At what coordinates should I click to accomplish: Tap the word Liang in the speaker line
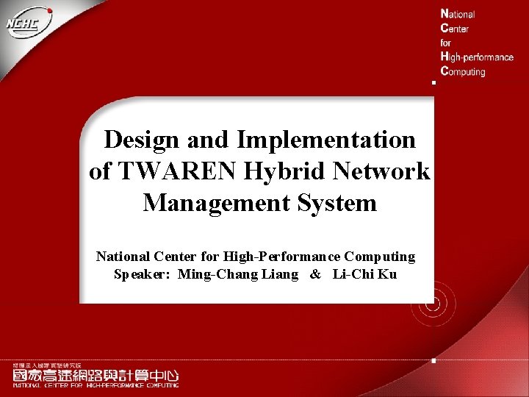pyautogui.click(x=280, y=274)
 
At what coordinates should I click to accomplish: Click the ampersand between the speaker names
pyautogui.click(x=315, y=274)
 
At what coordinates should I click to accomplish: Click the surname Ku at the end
pyautogui.click(x=388, y=274)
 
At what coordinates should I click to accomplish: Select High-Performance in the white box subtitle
pyautogui.click(x=281, y=257)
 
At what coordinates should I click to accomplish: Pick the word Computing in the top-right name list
pyautogui.click(x=462, y=71)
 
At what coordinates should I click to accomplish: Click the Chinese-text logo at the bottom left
pyautogui.click(x=95, y=375)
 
